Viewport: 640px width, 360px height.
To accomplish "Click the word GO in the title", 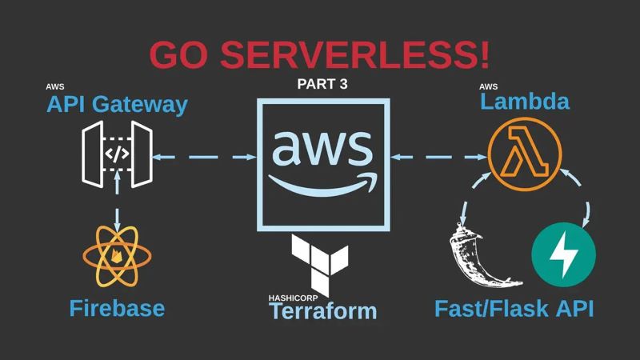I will click(181, 55).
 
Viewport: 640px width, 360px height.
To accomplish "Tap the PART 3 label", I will click(322, 83).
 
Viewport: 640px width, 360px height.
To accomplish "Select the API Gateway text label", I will click(117, 104).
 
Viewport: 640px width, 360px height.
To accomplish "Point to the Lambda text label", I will click(525, 102).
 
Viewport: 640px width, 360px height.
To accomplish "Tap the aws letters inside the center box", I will click(322, 147).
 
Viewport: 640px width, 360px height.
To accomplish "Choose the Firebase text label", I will click(117, 308).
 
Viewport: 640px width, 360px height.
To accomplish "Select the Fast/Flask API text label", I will click(514, 309).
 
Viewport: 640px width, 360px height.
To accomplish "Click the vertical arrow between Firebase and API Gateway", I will click(118, 205).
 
